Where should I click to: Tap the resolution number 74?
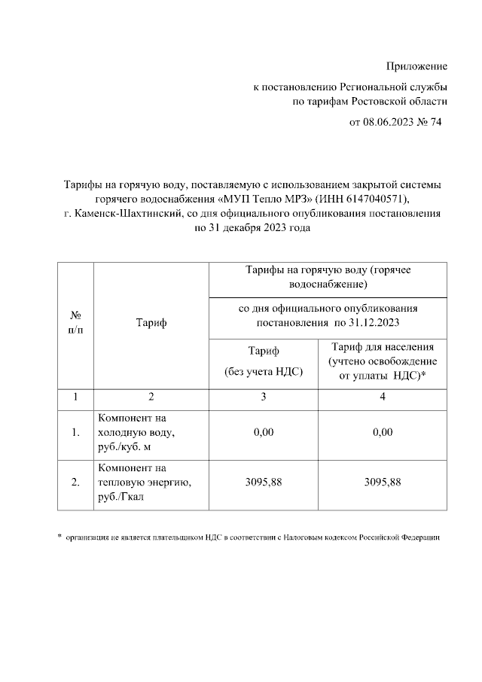point(435,122)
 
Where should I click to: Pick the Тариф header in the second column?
point(151,324)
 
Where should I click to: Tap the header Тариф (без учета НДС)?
point(264,360)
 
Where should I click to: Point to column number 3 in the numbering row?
point(264,397)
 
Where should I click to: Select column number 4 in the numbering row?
point(383,397)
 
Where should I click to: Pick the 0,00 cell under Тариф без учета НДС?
point(264,432)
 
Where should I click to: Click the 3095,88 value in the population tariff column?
point(383,483)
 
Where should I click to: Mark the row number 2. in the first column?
point(75,483)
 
